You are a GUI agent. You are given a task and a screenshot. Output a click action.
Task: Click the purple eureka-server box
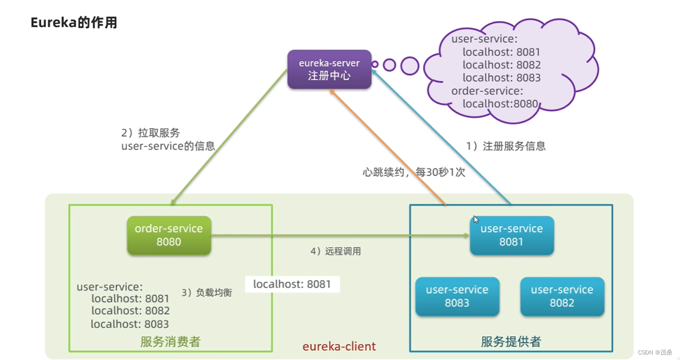click(329, 70)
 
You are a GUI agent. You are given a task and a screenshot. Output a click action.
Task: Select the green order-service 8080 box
click(169, 235)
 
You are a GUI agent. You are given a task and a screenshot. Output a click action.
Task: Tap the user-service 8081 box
click(511, 235)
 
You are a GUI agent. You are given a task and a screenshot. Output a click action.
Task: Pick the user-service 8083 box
click(457, 296)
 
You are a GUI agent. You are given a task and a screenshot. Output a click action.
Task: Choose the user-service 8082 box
click(562, 296)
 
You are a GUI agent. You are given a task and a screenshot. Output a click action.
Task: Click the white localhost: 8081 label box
click(292, 284)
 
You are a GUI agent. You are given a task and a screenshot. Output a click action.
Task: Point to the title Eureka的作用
click(74, 23)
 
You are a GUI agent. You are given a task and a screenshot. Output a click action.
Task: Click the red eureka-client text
click(339, 346)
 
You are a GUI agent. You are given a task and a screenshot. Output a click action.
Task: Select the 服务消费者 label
click(170, 342)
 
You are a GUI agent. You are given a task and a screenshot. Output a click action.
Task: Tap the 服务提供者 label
click(511, 342)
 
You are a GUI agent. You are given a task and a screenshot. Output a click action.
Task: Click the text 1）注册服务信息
click(505, 146)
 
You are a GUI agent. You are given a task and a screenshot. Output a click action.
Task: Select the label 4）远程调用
click(335, 251)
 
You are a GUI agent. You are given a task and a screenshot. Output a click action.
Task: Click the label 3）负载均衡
click(207, 293)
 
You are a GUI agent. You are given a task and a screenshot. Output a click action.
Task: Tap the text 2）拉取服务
click(151, 133)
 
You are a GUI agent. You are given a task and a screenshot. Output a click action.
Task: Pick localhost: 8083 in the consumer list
click(130, 324)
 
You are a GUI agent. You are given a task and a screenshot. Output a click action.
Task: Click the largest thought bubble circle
click(410, 66)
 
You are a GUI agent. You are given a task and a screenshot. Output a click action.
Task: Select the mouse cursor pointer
click(476, 220)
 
